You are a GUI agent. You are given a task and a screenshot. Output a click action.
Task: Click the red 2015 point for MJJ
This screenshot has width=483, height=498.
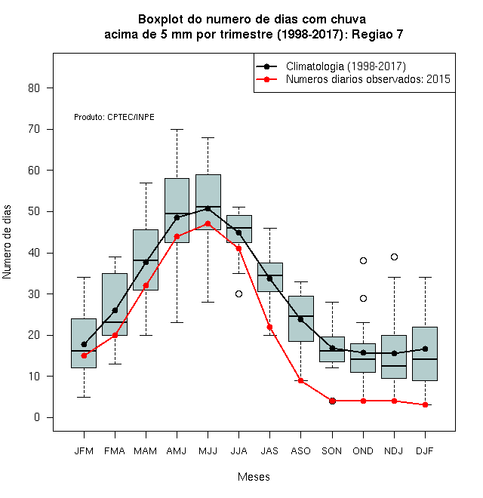point(208,223)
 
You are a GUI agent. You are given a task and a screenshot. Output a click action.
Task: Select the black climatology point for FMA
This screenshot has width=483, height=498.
point(115,310)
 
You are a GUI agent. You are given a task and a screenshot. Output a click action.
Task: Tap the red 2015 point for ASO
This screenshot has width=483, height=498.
point(300,380)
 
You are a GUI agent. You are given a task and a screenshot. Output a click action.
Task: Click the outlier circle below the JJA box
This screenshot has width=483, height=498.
point(238,294)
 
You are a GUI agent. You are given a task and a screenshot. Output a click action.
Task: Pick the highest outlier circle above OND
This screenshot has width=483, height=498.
point(363,261)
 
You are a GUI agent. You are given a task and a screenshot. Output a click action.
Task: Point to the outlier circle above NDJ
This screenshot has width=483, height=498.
point(395,257)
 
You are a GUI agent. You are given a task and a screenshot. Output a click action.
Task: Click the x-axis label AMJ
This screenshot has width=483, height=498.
point(177,451)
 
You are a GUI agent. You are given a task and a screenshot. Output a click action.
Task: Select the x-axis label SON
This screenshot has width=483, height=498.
point(331,451)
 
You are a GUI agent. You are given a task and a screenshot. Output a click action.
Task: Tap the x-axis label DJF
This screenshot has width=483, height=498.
point(425,451)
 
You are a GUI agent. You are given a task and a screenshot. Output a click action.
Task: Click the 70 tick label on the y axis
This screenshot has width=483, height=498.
point(34,129)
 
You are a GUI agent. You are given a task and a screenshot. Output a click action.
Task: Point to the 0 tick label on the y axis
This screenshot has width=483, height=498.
point(37,417)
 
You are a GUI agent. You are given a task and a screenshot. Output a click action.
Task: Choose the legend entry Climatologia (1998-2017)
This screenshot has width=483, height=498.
point(346,66)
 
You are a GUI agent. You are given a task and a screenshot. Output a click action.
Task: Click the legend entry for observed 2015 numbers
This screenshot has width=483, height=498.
point(368,79)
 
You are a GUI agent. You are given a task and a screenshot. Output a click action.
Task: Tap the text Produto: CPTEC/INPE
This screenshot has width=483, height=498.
point(114,117)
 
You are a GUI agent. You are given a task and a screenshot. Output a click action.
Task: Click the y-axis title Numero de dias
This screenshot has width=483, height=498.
point(7,242)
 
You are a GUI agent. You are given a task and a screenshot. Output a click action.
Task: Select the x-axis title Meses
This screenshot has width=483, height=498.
point(254,477)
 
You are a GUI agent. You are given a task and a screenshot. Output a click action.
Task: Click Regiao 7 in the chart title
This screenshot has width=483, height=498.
point(377,34)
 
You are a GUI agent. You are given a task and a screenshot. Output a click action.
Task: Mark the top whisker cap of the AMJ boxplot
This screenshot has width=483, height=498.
point(177,129)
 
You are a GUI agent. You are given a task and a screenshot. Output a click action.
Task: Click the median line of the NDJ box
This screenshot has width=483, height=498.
point(394,366)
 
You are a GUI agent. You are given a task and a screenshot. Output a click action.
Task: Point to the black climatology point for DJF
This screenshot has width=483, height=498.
point(425,349)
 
